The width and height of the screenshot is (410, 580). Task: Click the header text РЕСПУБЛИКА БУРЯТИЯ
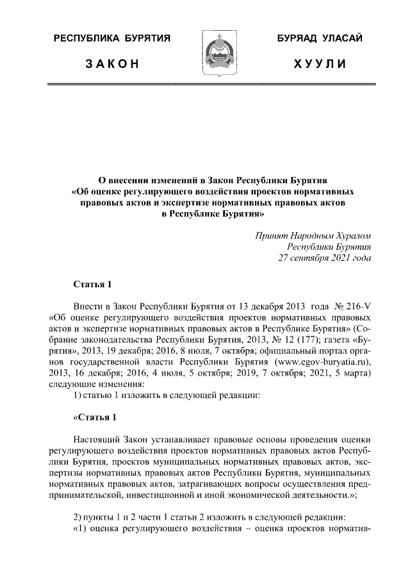[111, 40]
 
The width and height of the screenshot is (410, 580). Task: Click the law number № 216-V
[353, 305]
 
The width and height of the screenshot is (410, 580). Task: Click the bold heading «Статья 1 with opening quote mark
[95, 418]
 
